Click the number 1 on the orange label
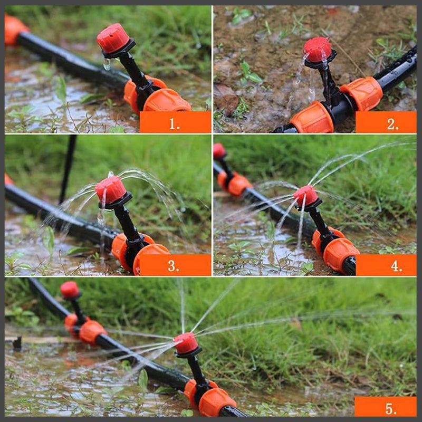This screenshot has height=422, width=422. point(174,124)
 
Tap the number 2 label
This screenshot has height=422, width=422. point(392,124)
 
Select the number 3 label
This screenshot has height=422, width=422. point(174,266)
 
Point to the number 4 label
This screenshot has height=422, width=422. point(397,266)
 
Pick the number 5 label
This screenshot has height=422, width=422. point(391,409)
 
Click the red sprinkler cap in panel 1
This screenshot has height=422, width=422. point(113,38)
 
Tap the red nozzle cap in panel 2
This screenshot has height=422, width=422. point(318,49)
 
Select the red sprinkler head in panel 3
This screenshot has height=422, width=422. point(111,189)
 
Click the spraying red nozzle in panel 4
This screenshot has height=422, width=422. point(306,196)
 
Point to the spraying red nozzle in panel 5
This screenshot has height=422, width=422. point(186,342)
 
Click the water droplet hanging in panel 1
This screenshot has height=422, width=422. point(107,64)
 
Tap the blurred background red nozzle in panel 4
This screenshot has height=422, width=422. point(219,151)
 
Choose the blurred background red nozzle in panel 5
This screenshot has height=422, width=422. point(70,290)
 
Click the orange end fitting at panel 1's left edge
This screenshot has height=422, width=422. point(15,30)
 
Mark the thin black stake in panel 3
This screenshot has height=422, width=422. point(68,169)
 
